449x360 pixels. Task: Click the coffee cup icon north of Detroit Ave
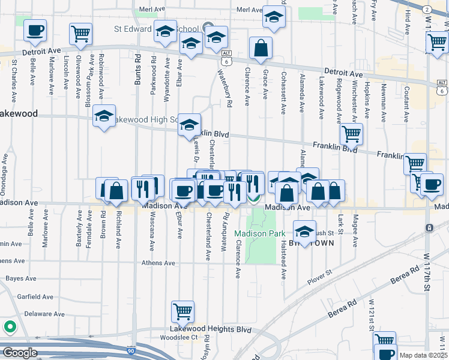35,31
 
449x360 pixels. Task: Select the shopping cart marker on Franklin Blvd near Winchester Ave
351,134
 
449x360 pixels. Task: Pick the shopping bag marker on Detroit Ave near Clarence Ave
261,49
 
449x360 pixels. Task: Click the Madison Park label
259,233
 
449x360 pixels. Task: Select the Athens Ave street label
158,263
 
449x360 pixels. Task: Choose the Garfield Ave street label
39,296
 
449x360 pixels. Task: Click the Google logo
20,353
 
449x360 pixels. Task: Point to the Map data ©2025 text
423,355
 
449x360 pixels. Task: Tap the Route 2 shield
425,9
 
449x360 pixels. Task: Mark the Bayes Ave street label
21,279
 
